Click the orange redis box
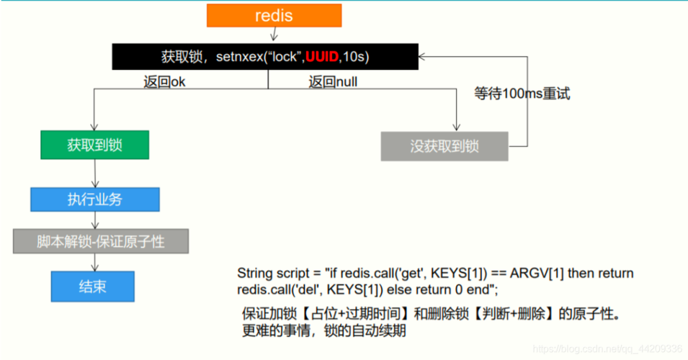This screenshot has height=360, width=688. click(x=274, y=16)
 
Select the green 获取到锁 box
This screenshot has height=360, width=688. click(x=94, y=145)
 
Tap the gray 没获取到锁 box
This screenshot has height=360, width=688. click(x=444, y=146)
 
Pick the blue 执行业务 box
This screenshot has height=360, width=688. click(x=94, y=199)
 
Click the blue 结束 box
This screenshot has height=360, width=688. click(x=92, y=286)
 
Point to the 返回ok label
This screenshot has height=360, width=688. click(x=164, y=82)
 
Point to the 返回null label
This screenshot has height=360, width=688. click(x=333, y=82)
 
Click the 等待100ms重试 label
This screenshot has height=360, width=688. click(x=522, y=94)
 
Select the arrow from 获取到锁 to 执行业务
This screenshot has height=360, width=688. click(x=94, y=174)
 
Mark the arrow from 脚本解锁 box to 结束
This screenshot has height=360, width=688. click(x=94, y=262)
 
